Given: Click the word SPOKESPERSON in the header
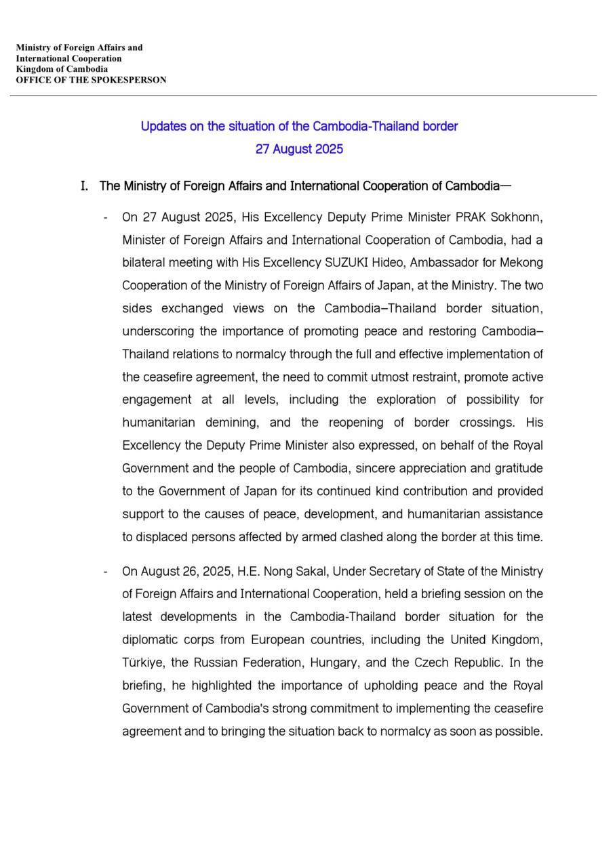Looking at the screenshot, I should tap(133, 80).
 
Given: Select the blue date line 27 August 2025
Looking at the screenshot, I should tap(299, 149).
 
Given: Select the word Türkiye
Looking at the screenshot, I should tap(142, 662).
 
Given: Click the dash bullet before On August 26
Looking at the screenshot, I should tap(106, 572).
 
